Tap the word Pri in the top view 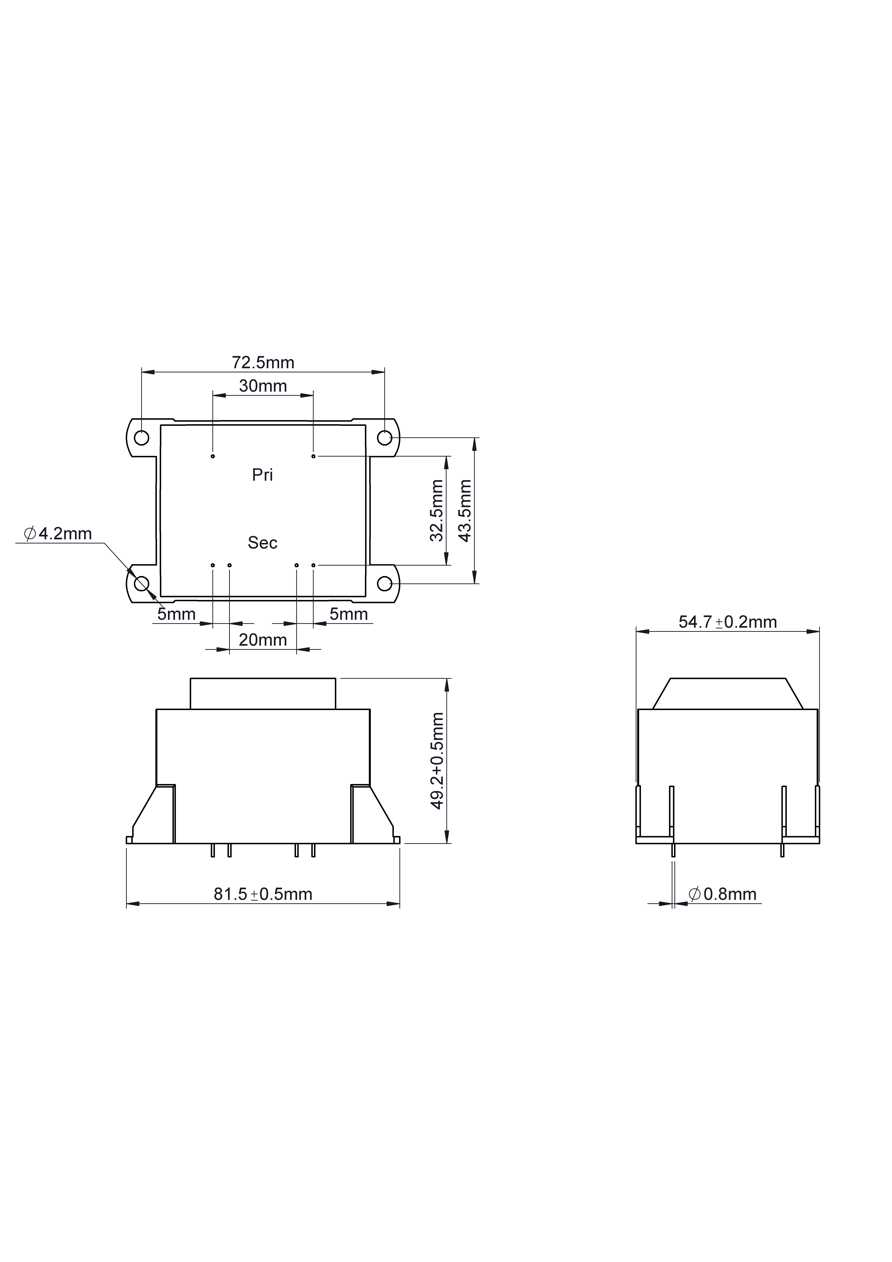(x=262, y=475)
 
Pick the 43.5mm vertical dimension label (x=465, y=511)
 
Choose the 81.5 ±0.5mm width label (x=263, y=894)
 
